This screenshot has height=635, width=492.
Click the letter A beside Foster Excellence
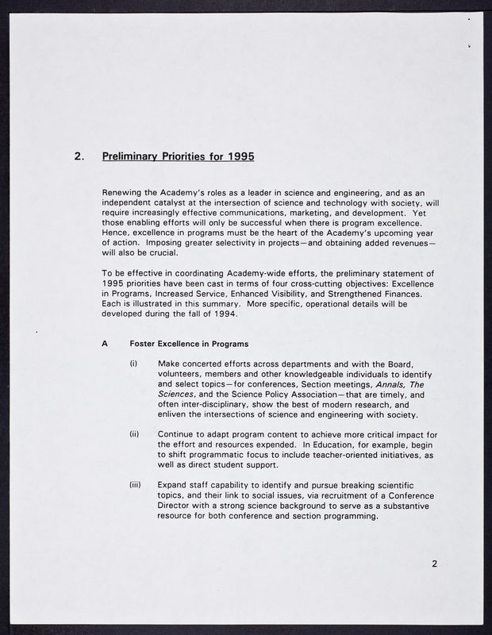105,344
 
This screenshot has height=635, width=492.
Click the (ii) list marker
134,434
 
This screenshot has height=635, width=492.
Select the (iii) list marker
136,484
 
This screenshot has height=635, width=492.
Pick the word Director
179,505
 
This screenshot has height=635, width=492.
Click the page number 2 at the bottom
435,564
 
